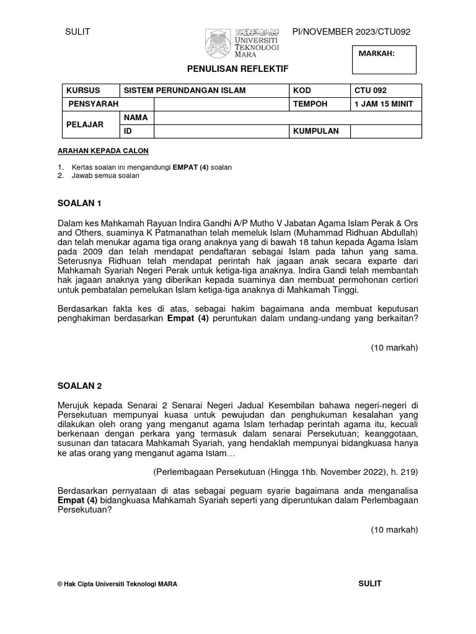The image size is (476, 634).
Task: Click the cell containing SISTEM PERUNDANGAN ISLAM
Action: pyautogui.click(x=184, y=90)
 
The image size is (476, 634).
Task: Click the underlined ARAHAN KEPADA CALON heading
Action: pyautogui.click(x=103, y=150)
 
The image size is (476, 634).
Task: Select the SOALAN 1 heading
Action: pyautogui.click(x=79, y=203)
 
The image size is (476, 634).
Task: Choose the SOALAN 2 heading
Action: pyautogui.click(x=79, y=386)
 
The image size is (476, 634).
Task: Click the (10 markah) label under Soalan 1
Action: pyautogui.click(x=395, y=347)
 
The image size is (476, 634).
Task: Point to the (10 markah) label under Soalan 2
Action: pyautogui.click(x=395, y=529)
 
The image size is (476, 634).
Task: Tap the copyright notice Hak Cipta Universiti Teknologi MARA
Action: pyautogui.click(x=117, y=584)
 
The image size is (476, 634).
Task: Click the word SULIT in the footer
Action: pyautogui.click(x=370, y=583)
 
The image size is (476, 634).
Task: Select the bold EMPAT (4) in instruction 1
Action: pyautogui.click(x=190, y=167)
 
